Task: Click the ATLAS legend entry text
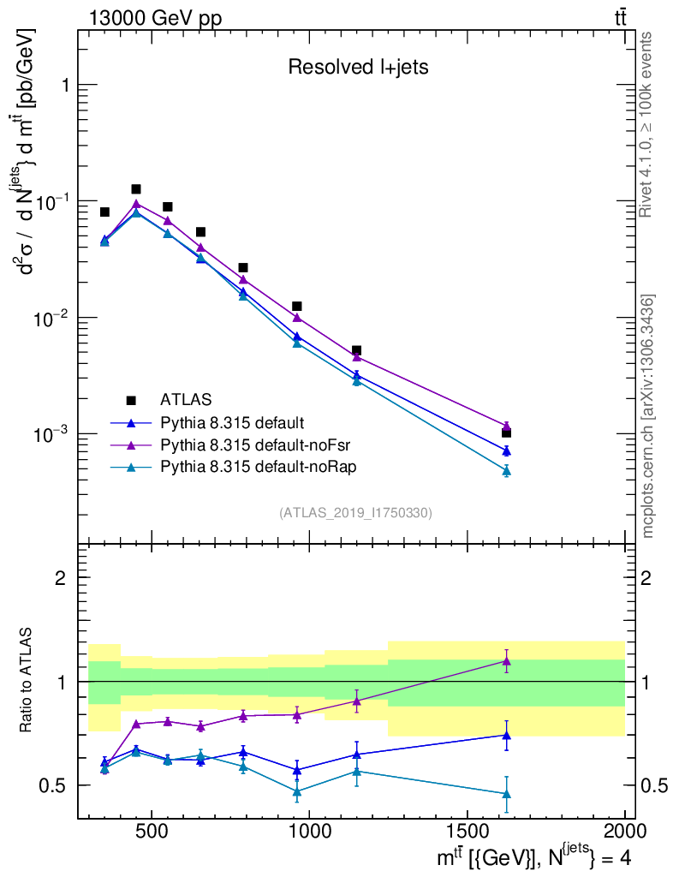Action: point(186,399)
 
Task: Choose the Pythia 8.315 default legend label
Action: point(232,422)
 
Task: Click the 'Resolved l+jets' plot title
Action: point(358,68)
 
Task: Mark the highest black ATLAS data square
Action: point(136,189)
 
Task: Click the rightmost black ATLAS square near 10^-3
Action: point(506,433)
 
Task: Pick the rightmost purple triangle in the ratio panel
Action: point(506,661)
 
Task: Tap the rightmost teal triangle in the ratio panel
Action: point(506,795)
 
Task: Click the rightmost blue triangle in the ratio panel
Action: point(506,736)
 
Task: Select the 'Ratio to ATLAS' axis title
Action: point(26,681)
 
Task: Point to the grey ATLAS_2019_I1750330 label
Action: point(355,513)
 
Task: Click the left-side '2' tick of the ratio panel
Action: point(61,577)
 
